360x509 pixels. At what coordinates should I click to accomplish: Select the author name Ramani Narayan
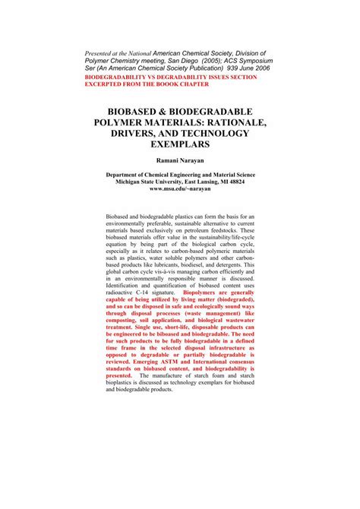(180, 162)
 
